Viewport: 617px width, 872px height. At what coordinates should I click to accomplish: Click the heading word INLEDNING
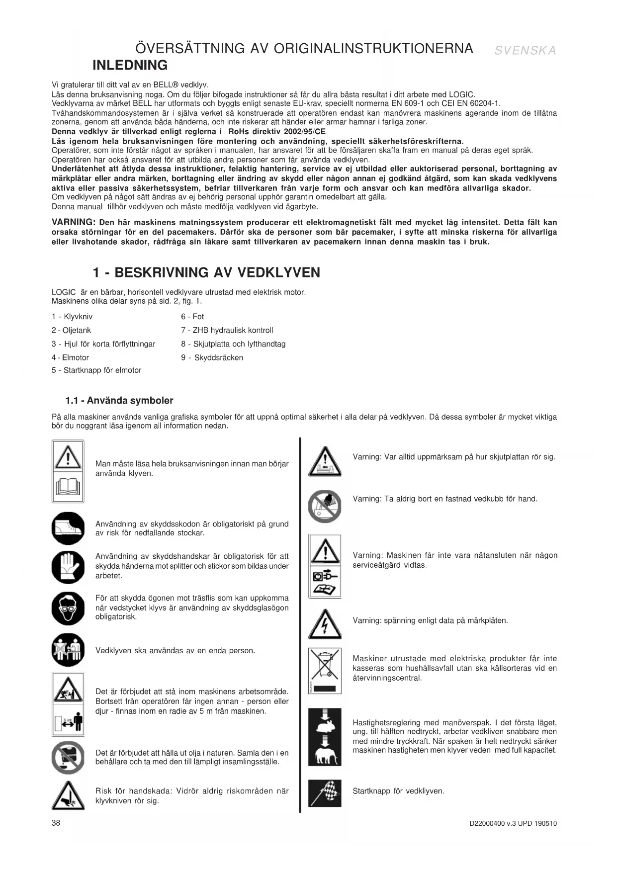(130, 65)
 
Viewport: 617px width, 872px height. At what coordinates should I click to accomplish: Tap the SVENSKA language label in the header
(525, 50)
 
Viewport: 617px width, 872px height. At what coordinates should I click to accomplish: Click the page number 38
(56, 823)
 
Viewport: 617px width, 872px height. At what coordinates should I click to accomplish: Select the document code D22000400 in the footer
(486, 823)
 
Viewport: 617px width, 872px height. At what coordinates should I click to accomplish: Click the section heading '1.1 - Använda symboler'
(119, 400)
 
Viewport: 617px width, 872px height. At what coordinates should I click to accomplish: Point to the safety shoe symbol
(68, 528)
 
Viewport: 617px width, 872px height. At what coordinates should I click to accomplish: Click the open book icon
(68, 487)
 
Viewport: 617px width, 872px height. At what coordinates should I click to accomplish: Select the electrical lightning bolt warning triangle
(325, 624)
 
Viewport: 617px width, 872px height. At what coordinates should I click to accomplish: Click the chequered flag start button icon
(325, 792)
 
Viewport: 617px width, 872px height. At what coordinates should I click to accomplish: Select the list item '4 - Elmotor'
(70, 357)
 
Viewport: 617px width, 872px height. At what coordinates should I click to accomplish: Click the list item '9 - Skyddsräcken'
(212, 357)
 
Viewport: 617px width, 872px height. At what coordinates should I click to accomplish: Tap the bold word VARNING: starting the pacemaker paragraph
(73, 222)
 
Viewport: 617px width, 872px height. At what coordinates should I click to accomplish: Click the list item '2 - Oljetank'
(71, 330)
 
